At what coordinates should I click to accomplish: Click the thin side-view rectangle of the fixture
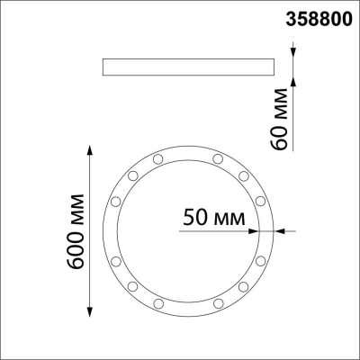(190, 67)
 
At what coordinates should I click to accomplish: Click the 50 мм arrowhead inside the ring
(252, 231)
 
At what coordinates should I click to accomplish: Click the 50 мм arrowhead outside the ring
(279, 231)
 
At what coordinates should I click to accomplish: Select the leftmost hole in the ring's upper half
(116, 200)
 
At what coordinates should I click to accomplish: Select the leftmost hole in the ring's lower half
(116, 260)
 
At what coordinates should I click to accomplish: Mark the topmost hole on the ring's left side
(158, 159)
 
